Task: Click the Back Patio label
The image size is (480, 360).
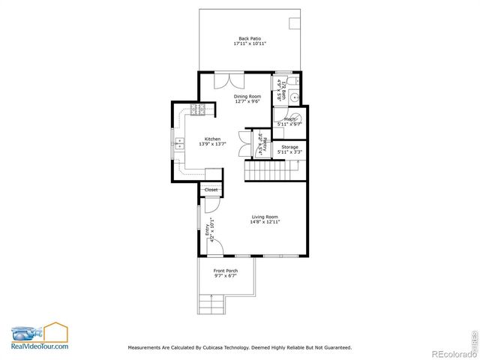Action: (x=249, y=38)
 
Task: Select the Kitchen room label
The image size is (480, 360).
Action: (x=213, y=139)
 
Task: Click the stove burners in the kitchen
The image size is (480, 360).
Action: (x=199, y=111)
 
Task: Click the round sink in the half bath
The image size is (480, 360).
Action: (x=295, y=97)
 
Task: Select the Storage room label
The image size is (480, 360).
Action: (x=289, y=147)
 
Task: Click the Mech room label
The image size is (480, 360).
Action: (x=289, y=118)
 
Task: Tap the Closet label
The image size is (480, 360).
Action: (x=211, y=190)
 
